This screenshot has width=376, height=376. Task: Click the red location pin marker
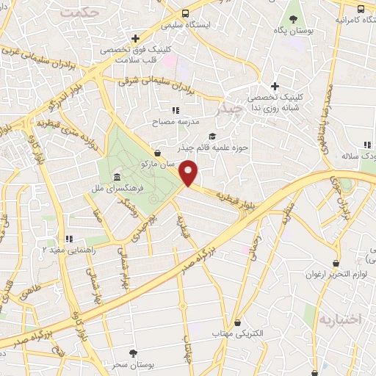[189, 174]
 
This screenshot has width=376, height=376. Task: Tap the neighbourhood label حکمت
[79, 13]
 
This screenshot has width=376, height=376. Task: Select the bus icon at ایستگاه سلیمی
[186, 12]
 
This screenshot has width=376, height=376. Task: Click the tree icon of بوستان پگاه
[293, 20]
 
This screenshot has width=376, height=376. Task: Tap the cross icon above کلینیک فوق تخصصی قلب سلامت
[135, 38]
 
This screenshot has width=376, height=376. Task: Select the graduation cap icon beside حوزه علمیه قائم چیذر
[213, 137]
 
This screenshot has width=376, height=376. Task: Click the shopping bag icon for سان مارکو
[159, 153]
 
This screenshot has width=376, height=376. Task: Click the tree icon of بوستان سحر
[133, 352]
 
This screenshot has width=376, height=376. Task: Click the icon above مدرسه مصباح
[174, 109]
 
